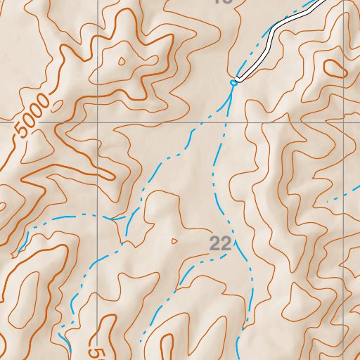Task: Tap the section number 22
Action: [x=221, y=243]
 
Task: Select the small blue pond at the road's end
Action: [x=233, y=82]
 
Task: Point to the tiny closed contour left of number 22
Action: [x=174, y=241]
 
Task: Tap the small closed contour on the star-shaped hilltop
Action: [x=122, y=61]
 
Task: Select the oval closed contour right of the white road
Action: [x=335, y=68]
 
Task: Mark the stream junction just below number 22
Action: [x=234, y=255]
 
